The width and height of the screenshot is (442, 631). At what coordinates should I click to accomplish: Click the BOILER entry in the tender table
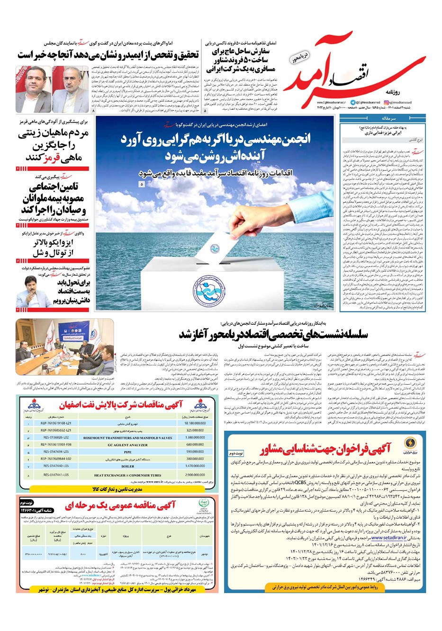(x=127, y=466)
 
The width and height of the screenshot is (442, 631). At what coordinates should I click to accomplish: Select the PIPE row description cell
(x=127, y=452)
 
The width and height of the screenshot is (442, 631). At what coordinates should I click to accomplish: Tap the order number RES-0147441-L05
(x=56, y=474)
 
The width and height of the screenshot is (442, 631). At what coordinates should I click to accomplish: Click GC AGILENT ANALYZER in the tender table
(x=127, y=444)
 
